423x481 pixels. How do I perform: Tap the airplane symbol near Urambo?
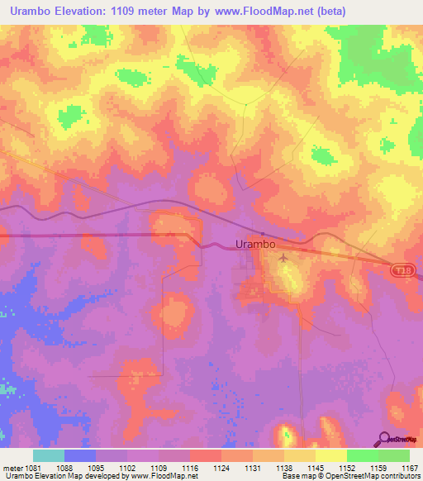[284, 259]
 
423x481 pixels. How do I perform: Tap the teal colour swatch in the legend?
[48, 455]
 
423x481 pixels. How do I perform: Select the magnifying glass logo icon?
[383, 440]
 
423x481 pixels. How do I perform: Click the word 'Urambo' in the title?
[29, 11]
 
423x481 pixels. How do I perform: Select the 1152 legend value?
[339, 467]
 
